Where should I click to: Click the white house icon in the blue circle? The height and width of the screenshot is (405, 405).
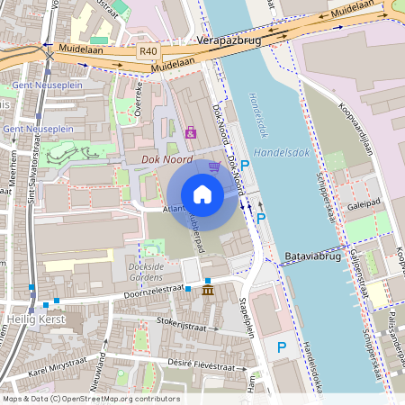coord(202,193)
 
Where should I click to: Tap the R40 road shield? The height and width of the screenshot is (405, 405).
coord(148,52)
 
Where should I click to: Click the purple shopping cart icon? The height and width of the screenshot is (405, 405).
coord(214,166)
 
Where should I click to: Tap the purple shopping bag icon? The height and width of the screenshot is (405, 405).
coord(190,132)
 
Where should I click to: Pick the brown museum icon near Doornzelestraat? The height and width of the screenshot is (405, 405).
coord(208,292)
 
